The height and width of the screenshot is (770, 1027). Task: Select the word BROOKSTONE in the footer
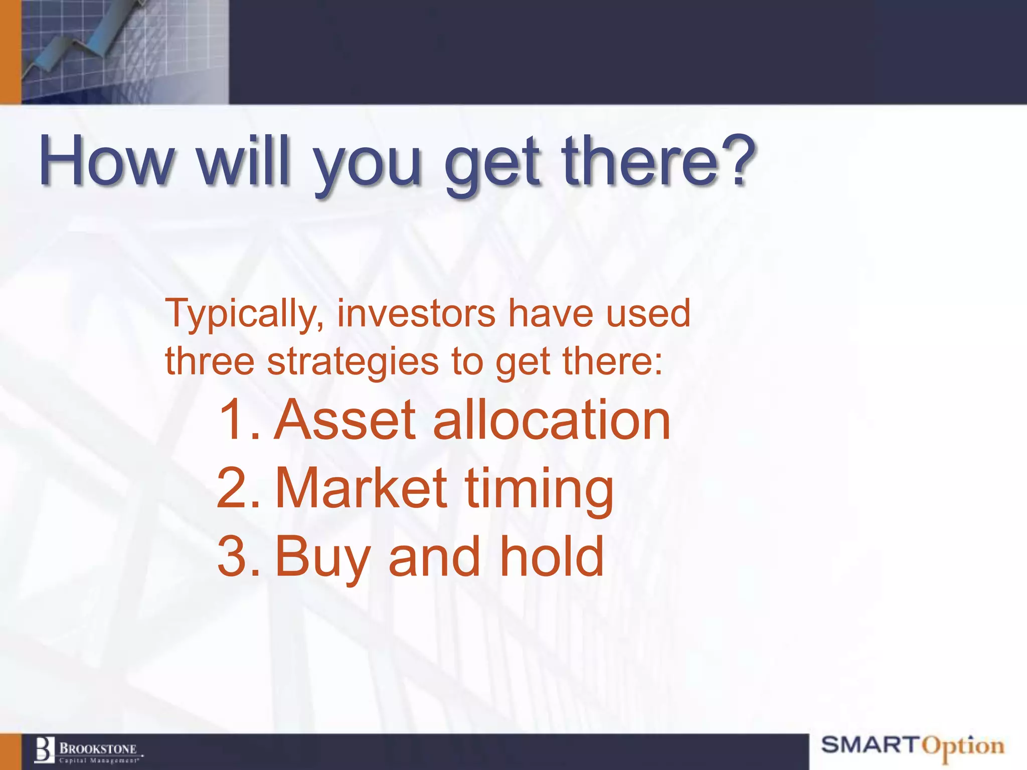[x=98, y=749]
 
